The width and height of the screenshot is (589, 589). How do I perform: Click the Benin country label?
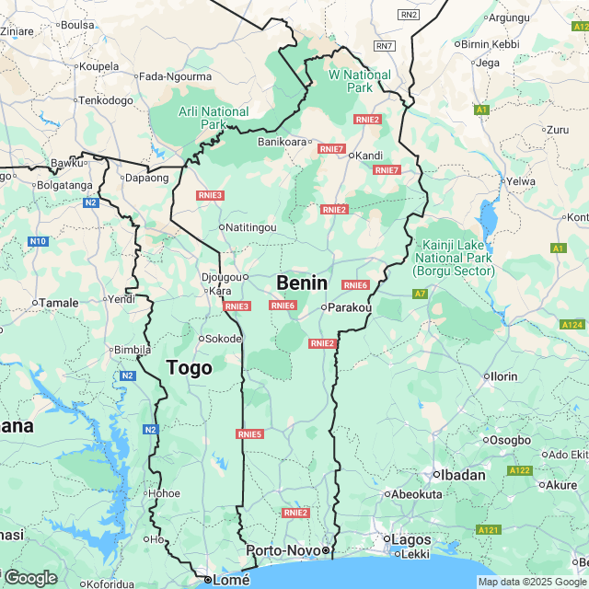(302, 283)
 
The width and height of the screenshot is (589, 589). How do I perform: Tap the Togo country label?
(189, 368)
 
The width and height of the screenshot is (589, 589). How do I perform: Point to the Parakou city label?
(349, 307)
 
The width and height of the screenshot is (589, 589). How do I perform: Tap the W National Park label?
(360, 81)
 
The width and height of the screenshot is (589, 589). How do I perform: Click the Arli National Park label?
(213, 118)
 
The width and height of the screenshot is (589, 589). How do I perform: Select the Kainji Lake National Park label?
(454, 258)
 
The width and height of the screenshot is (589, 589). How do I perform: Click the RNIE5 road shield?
(249, 434)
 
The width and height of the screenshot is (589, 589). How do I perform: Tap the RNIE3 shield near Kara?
(237, 306)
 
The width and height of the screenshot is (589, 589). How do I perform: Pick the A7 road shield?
(420, 294)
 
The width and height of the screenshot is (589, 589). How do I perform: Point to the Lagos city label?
(411, 538)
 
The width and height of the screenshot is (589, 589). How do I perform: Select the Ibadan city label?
(458, 475)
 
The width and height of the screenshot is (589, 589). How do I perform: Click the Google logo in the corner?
(29, 577)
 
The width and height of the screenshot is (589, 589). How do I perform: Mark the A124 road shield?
(572, 325)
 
